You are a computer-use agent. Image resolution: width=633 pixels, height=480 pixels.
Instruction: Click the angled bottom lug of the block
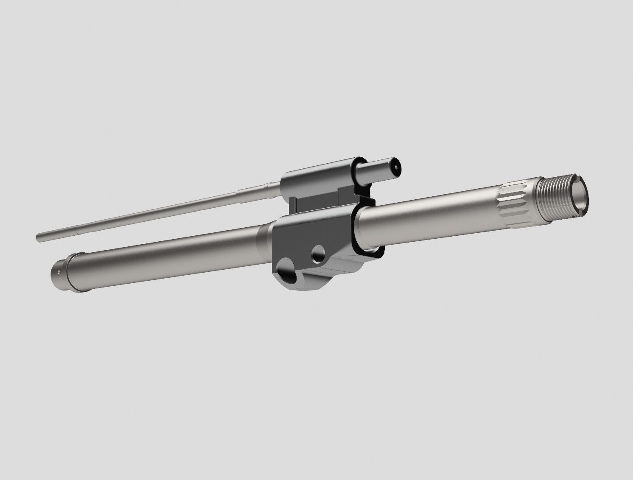coord(322,280)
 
